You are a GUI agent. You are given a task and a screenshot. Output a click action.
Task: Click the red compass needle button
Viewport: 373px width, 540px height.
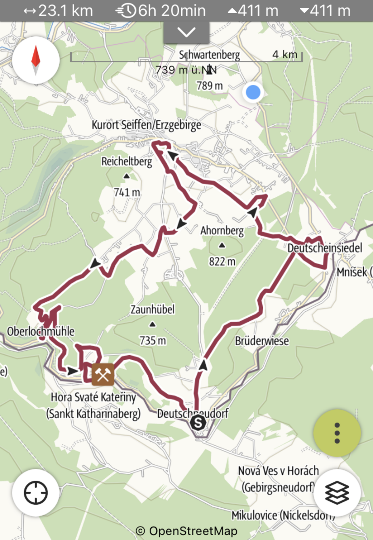click(36, 60)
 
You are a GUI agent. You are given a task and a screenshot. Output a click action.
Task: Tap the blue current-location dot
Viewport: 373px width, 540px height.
click(253, 92)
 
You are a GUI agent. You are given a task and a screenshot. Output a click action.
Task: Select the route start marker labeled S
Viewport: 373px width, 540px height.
click(198, 423)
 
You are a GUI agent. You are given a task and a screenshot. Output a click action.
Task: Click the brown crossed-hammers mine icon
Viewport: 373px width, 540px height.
click(103, 374)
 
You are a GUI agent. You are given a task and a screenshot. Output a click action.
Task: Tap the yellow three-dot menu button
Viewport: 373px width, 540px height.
click(337, 433)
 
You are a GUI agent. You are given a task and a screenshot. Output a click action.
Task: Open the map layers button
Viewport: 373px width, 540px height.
click(337, 493)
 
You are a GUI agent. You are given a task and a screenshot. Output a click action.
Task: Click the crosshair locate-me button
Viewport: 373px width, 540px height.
click(36, 493)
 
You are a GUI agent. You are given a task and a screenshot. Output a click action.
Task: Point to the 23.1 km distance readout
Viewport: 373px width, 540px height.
click(58, 11)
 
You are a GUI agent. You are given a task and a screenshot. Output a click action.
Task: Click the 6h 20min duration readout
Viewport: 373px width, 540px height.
click(161, 11)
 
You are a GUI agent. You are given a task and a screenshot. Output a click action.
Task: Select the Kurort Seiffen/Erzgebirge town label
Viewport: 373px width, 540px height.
click(146, 125)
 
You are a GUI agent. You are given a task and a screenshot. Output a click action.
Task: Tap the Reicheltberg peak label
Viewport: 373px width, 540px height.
click(127, 161)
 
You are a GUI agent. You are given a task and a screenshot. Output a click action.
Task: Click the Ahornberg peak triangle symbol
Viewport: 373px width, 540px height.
click(222, 245)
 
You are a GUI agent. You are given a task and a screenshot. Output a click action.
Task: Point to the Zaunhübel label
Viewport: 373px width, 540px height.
click(153, 310)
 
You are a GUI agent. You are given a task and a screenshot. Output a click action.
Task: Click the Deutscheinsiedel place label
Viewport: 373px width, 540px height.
click(325, 248)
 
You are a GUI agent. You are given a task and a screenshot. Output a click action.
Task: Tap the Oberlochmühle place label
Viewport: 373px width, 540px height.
click(41, 331)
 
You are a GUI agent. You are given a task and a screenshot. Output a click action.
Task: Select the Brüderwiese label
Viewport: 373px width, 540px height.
click(262, 341)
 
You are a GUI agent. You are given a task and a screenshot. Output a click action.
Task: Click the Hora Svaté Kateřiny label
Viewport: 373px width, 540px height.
click(93, 397)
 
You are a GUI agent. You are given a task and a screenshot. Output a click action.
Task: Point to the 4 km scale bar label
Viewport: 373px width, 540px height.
click(285, 54)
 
